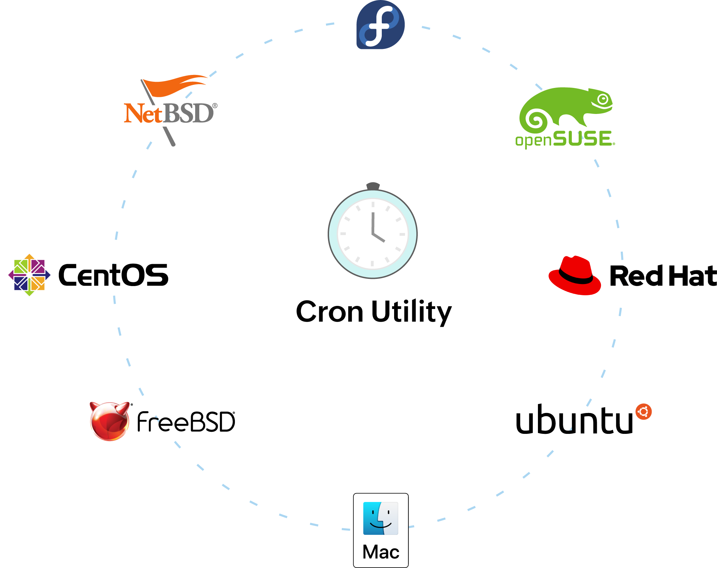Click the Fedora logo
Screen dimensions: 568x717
(x=380, y=25)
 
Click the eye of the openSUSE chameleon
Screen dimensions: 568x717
(x=603, y=100)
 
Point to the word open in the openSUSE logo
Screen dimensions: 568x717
(x=533, y=140)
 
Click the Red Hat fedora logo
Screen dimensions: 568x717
(x=575, y=276)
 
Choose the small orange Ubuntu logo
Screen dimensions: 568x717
(x=643, y=411)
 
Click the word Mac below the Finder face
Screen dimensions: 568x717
(x=381, y=552)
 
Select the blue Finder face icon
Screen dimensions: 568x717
(x=380, y=518)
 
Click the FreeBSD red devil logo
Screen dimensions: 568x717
(x=110, y=420)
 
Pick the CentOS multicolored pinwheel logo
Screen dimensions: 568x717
(x=29, y=275)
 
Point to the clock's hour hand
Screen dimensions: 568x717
(x=379, y=237)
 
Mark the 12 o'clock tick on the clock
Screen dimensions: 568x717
(x=373, y=204)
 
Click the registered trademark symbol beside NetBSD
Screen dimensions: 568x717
(x=215, y=106)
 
